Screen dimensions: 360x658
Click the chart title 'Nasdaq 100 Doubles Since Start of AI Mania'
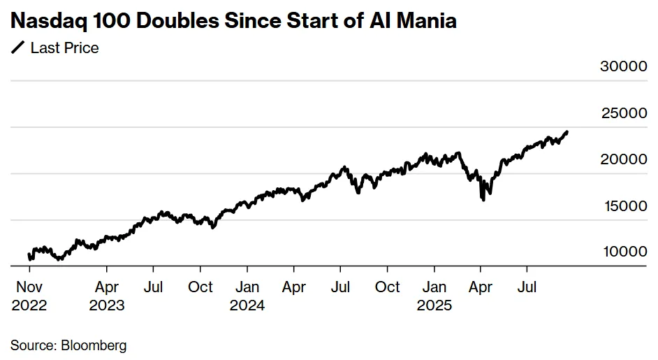[x=233, y=20]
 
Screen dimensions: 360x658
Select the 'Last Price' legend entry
[x=64, y=48]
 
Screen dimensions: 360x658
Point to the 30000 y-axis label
[x=624, y=66]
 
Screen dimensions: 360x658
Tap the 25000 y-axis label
[x=624, y=113]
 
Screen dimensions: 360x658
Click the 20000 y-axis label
[x=624, y=159]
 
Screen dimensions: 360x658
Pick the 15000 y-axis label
[x=624, y=206]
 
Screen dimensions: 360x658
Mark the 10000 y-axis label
[x=624, y=252]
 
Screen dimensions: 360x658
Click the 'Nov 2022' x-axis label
[x=29, y=296]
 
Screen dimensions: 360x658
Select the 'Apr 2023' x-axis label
[x=107, y=296]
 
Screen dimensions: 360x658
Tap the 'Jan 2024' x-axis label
[x=247, y=296]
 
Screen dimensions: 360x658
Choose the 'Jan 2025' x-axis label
[x=434, y=296]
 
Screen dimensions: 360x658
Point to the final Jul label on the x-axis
[x=529, y=287]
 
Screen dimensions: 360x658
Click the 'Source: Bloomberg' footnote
[x=68, y=345]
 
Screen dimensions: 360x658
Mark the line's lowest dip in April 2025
[x=483, y=200]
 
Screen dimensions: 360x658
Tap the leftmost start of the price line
[x=29, y=254]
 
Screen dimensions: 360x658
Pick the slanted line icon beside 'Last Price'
[x=17, y=48]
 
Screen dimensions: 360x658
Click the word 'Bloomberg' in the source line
[x=94, y=345]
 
